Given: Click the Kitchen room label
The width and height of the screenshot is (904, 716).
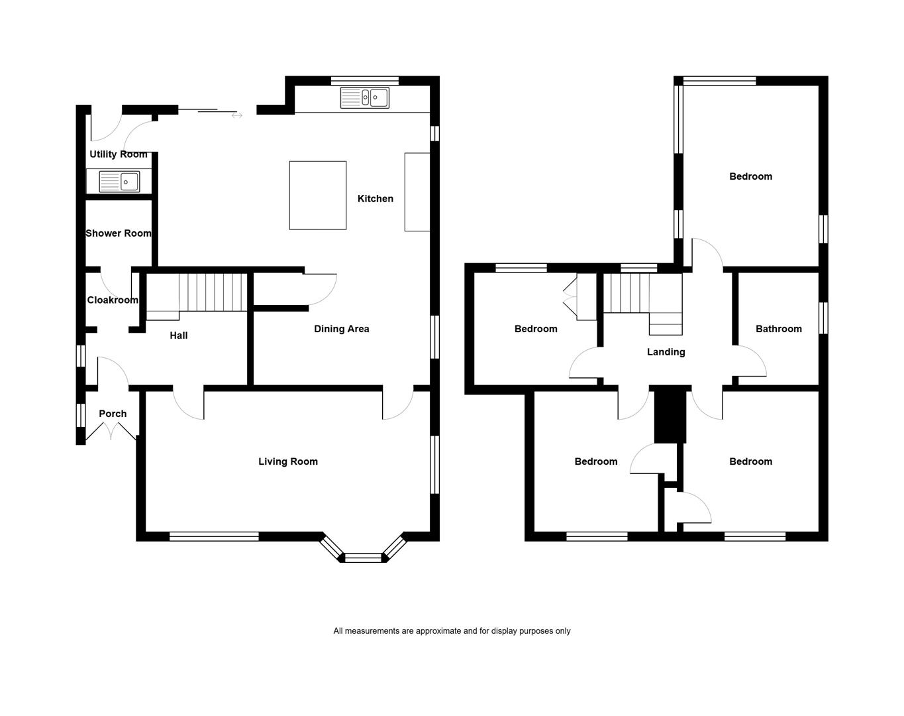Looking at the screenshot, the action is (x=375, y=199).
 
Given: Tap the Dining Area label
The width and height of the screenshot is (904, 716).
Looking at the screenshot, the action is (x=342, y=329).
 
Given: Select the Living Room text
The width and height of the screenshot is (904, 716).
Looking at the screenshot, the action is (x=287, y=461).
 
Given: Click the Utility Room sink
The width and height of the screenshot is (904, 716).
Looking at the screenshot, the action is (x=119, y=182).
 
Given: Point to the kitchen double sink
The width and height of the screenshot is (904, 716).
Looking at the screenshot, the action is (x=365, y=97).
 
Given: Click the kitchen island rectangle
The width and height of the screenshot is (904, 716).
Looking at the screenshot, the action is (x=318, y=195).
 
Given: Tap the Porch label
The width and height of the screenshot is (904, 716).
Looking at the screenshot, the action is (x=113, y=414).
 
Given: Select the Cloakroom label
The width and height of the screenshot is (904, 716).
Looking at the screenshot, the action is (x=113, y=300).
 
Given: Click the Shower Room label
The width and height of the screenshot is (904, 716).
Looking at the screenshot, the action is (x=119, y=233).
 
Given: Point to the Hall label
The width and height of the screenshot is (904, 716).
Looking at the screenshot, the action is (x=179, y=335).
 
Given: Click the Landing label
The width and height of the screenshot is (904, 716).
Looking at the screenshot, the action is (x=666, y=352).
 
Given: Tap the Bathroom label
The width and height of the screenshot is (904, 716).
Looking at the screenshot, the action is (x=778, y=329).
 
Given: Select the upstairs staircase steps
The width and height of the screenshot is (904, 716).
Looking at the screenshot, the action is (x=642, y=304).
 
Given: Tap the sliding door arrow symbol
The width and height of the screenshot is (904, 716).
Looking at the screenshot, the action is (x=237, y=115).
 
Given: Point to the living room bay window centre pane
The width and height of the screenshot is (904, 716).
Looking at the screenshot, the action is (x=364, y=558).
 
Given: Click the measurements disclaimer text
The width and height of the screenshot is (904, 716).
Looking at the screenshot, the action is (x=452, y=631).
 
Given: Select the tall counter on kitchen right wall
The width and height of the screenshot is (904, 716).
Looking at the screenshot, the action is (x=417, y=192).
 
